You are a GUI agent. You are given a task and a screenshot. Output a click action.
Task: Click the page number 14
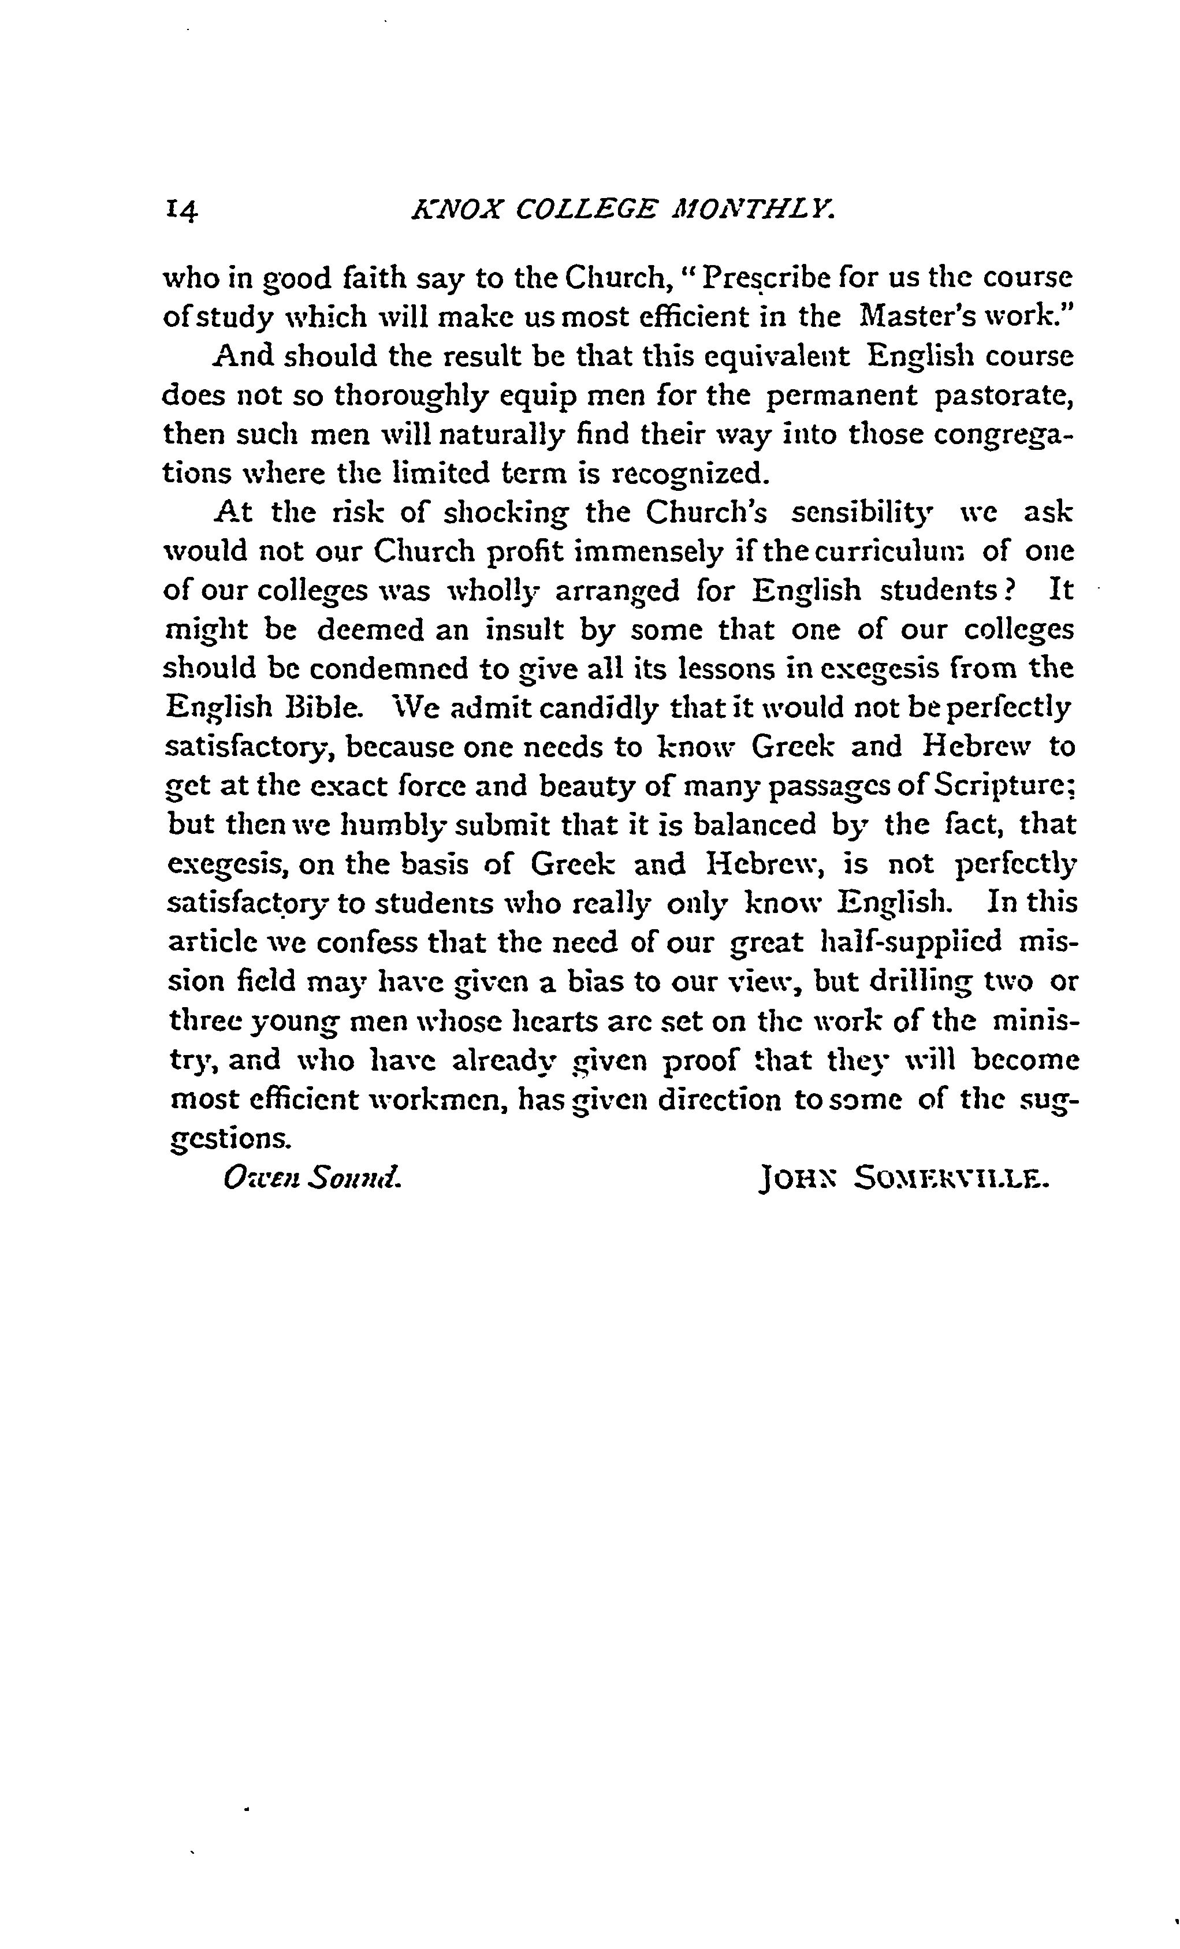(x=182, y=211)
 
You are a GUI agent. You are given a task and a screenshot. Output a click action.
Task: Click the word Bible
(x=330, y=707)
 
